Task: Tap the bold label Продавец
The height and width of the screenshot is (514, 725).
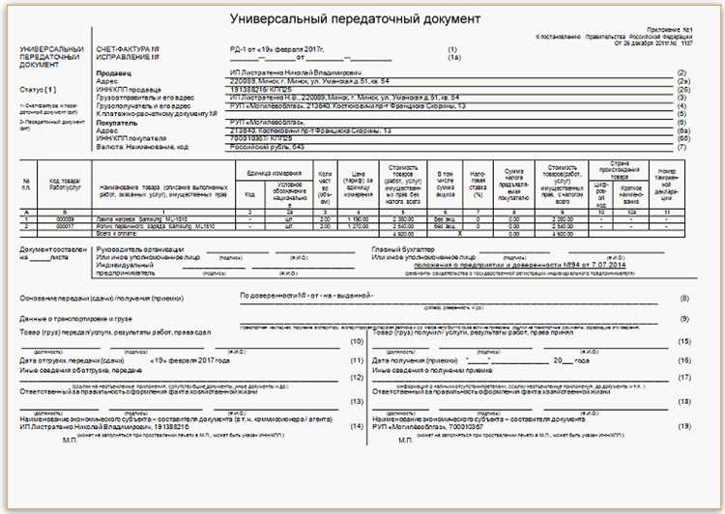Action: coord(117,73)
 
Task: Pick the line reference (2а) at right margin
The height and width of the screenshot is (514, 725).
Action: coord(681,81)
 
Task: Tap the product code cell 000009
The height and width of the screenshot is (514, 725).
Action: coord(66,220)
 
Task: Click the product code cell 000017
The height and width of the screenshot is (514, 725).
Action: coord(66,227)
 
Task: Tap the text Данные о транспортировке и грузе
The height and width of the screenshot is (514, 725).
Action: coord(76,318)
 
